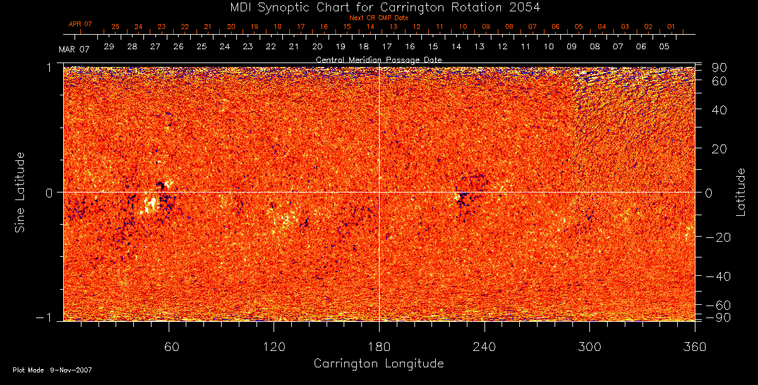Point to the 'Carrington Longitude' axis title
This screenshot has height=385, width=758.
pos(378,364)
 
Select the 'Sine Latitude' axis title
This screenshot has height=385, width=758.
pos(20,191)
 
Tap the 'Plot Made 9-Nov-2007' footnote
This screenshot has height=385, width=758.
pos(52,370)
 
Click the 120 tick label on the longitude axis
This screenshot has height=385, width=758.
pos(274,347)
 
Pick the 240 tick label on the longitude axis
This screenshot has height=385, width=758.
pos(484,347)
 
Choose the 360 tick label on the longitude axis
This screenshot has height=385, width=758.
pos(694,347)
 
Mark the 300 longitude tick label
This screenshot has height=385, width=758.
pos(589,347)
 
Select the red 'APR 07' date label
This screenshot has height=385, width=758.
pos(80,24)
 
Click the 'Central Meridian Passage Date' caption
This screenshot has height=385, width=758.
pos(378,59)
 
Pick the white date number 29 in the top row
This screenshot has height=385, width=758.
pos(109,47)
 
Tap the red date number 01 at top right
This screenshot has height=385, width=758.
pos(671,27)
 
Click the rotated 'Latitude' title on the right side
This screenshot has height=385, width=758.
pos(740,191)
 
